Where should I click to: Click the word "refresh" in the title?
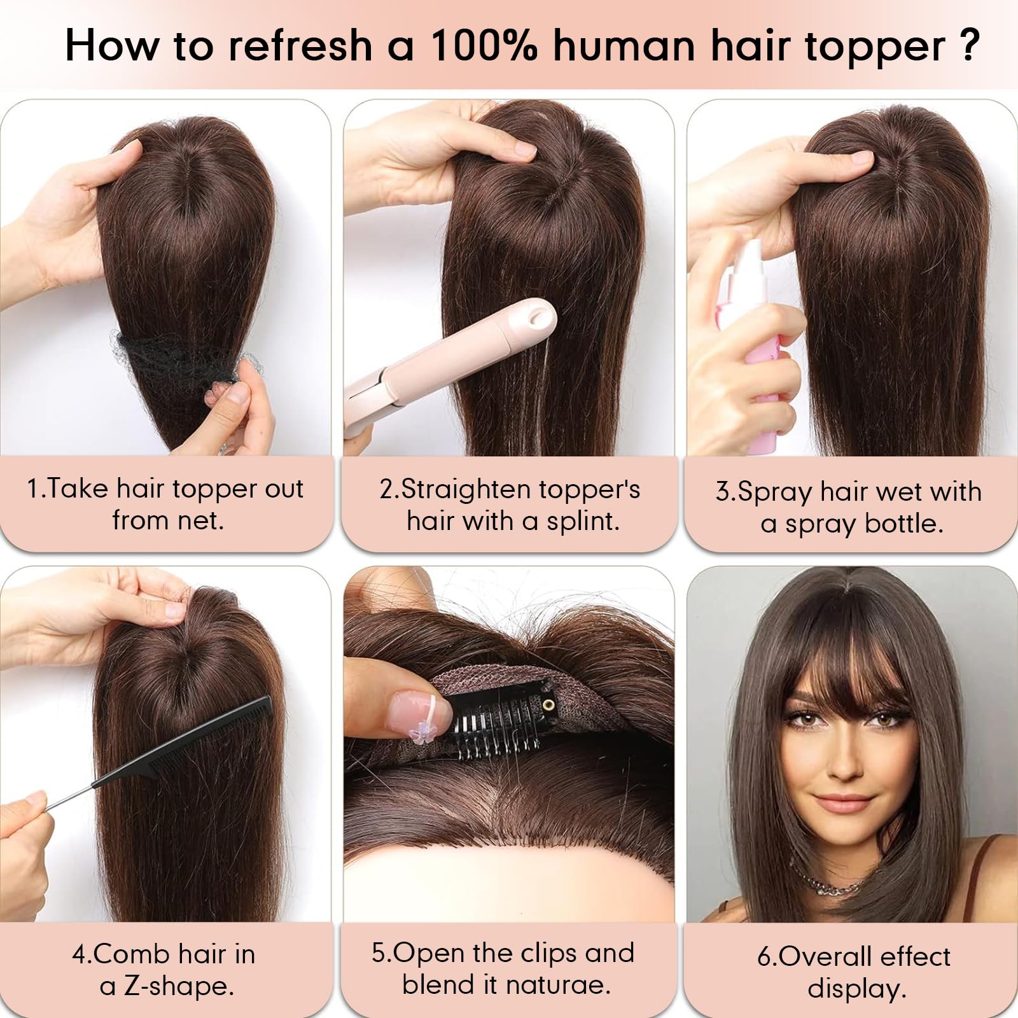click(x=300, y=46)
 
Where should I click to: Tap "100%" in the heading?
click(x=484, y=46)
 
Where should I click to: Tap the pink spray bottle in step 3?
click(x=770, y=356)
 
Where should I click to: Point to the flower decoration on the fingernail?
click(x=421, y=736)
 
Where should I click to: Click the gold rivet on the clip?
click(x=547, y=704)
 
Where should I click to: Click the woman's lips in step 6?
click(x=841, y=804)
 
